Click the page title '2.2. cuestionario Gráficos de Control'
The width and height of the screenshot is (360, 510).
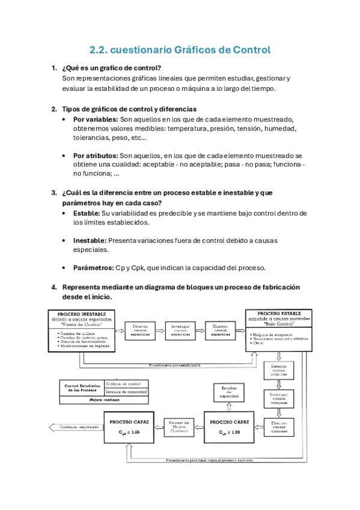coord(180,50)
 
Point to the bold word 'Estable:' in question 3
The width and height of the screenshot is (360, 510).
coord(86,213)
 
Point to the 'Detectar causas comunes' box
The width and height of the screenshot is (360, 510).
coord(279,370)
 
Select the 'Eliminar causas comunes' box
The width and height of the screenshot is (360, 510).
coord(279,426)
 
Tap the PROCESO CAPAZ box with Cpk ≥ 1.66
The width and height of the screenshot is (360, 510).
coord(130,426)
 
